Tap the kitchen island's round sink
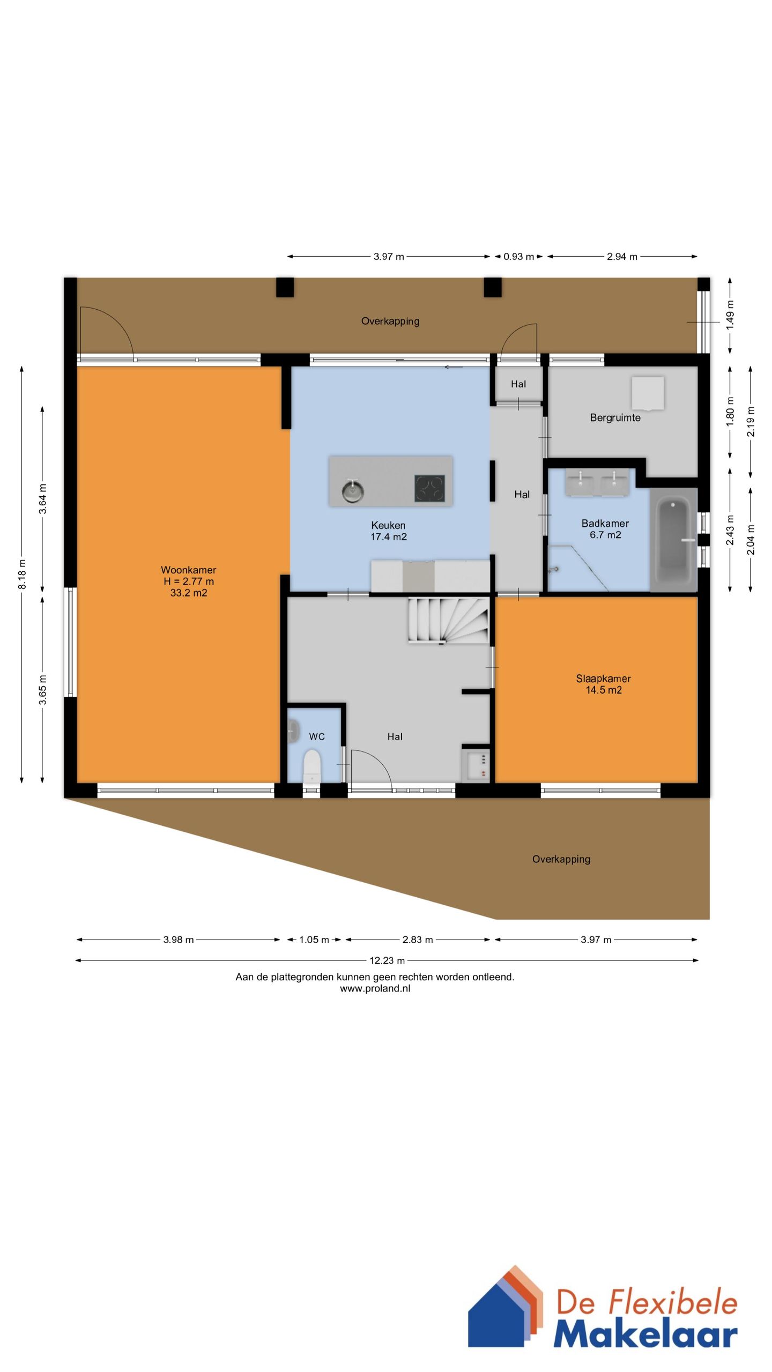[353, 490]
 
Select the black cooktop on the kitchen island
[429, 488]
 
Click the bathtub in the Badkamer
[673, 539]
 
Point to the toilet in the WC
[311, 767]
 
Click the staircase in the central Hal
[449, 621]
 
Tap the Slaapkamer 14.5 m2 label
[604, 684]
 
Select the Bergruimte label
[615, 417]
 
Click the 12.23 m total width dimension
[387, 960]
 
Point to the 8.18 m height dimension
[22, 574]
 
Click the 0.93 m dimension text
[518, 256]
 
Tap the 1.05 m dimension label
[314, 939]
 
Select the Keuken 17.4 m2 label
[389, 531]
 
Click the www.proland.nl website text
[375, 989]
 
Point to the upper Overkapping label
[390, 321]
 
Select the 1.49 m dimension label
[730, 316]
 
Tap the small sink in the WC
[293, 731]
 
